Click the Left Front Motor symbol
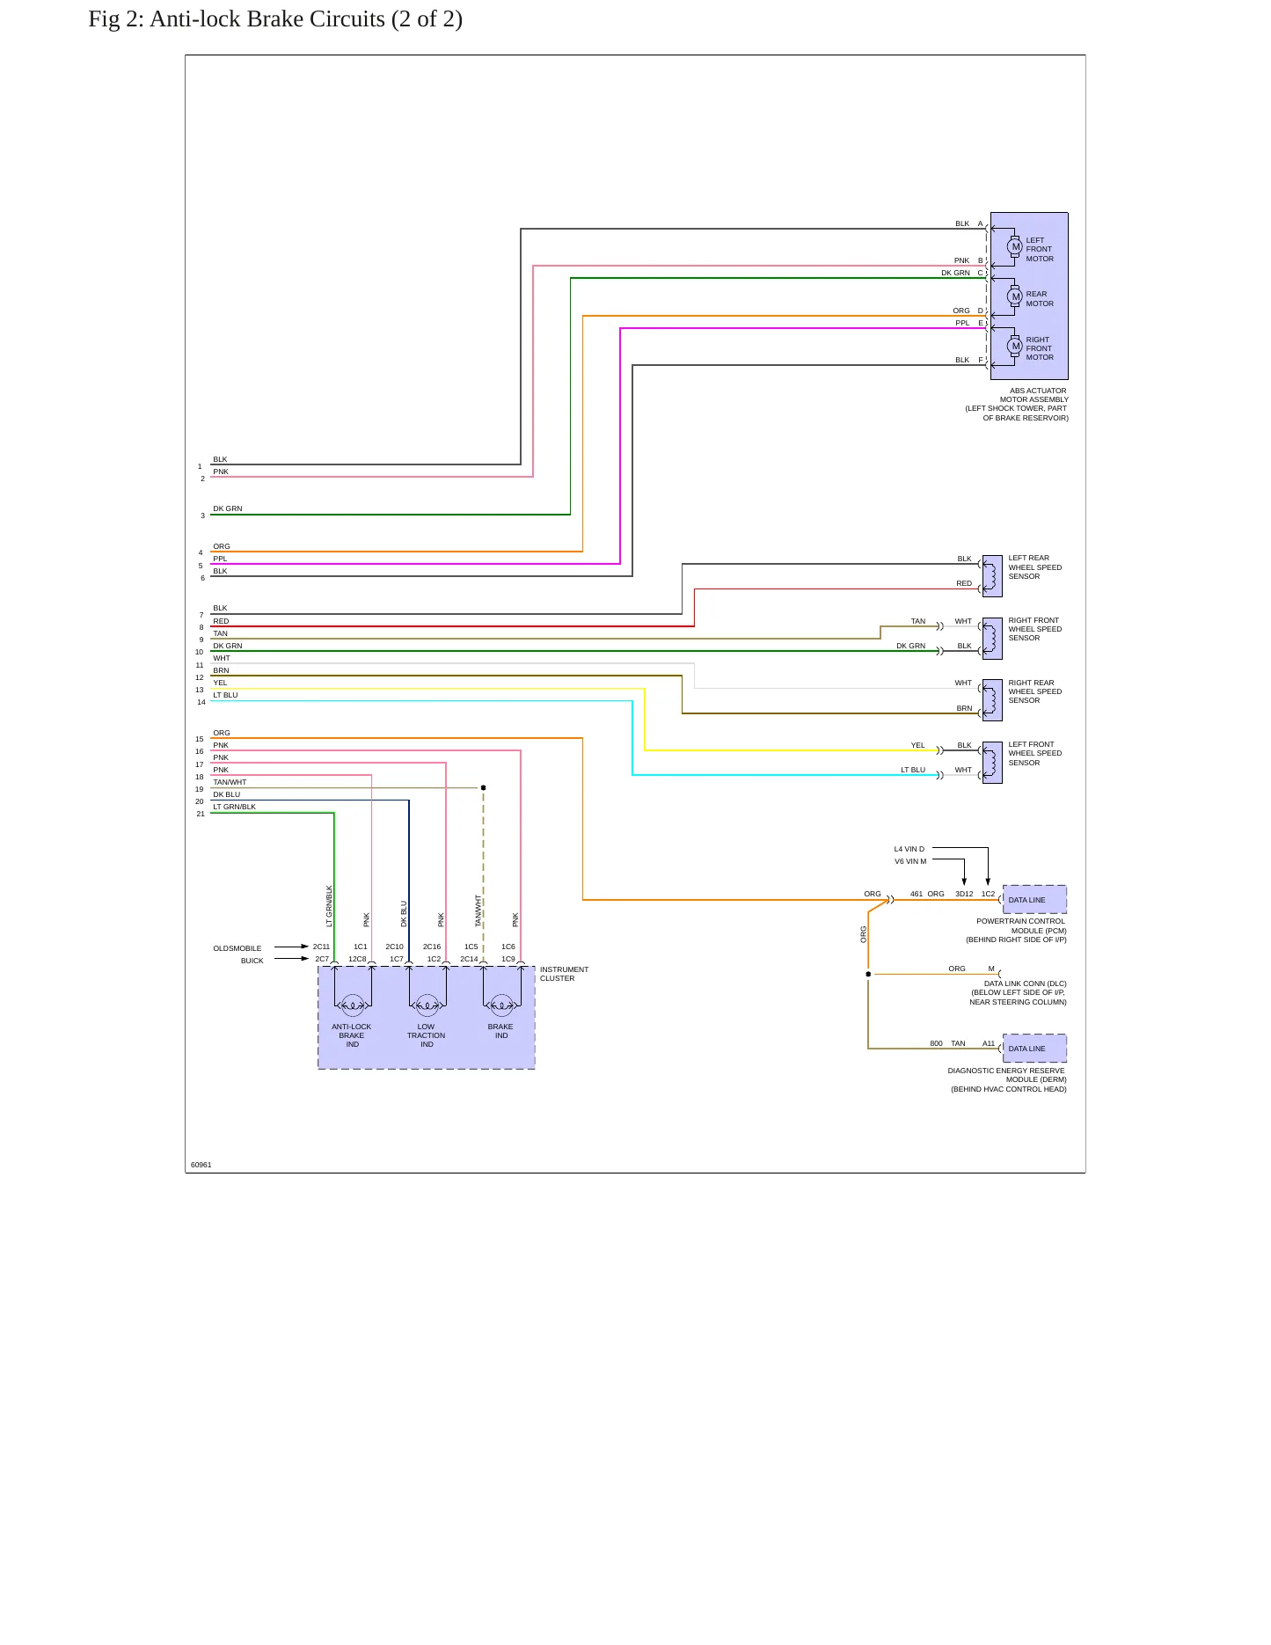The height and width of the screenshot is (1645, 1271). click(x=1015, y=247)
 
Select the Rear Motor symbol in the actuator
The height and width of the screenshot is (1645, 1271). click(x=1015, y=297)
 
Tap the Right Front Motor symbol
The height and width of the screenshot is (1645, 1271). click(x=1015, y=347)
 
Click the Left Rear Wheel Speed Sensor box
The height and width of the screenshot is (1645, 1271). click(x=992, y=576)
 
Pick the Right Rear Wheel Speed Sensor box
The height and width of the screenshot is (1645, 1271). click(x=992, y=700)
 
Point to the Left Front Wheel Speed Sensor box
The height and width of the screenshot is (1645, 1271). click(x=992, y=763)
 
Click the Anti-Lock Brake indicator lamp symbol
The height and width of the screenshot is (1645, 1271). click(x=353, y=1005)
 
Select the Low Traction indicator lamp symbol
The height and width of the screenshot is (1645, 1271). click(x=427, y=1005)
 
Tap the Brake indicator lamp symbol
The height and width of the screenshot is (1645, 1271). click(x=501, y=1005)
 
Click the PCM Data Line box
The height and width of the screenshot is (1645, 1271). click(x=1034, y=900)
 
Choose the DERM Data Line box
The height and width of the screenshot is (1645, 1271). click(x=1034, y=1049)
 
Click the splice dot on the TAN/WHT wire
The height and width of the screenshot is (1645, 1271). click(x=483, y=788)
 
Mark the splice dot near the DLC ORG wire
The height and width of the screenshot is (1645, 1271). click(x=868, y=974)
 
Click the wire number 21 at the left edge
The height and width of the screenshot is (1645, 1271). click(x=201, y=815)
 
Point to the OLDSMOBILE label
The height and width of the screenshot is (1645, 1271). click(x=237, y=948)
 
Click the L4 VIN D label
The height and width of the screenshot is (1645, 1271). click(x=909, y=850)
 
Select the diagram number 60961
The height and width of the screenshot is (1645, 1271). click(x=201, y=1165)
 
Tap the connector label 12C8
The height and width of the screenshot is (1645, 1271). click(x=357, y=959)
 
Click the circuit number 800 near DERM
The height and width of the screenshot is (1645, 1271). click(x=936, y=1044)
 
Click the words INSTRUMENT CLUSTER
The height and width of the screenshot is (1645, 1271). click(x=564, y=974)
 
